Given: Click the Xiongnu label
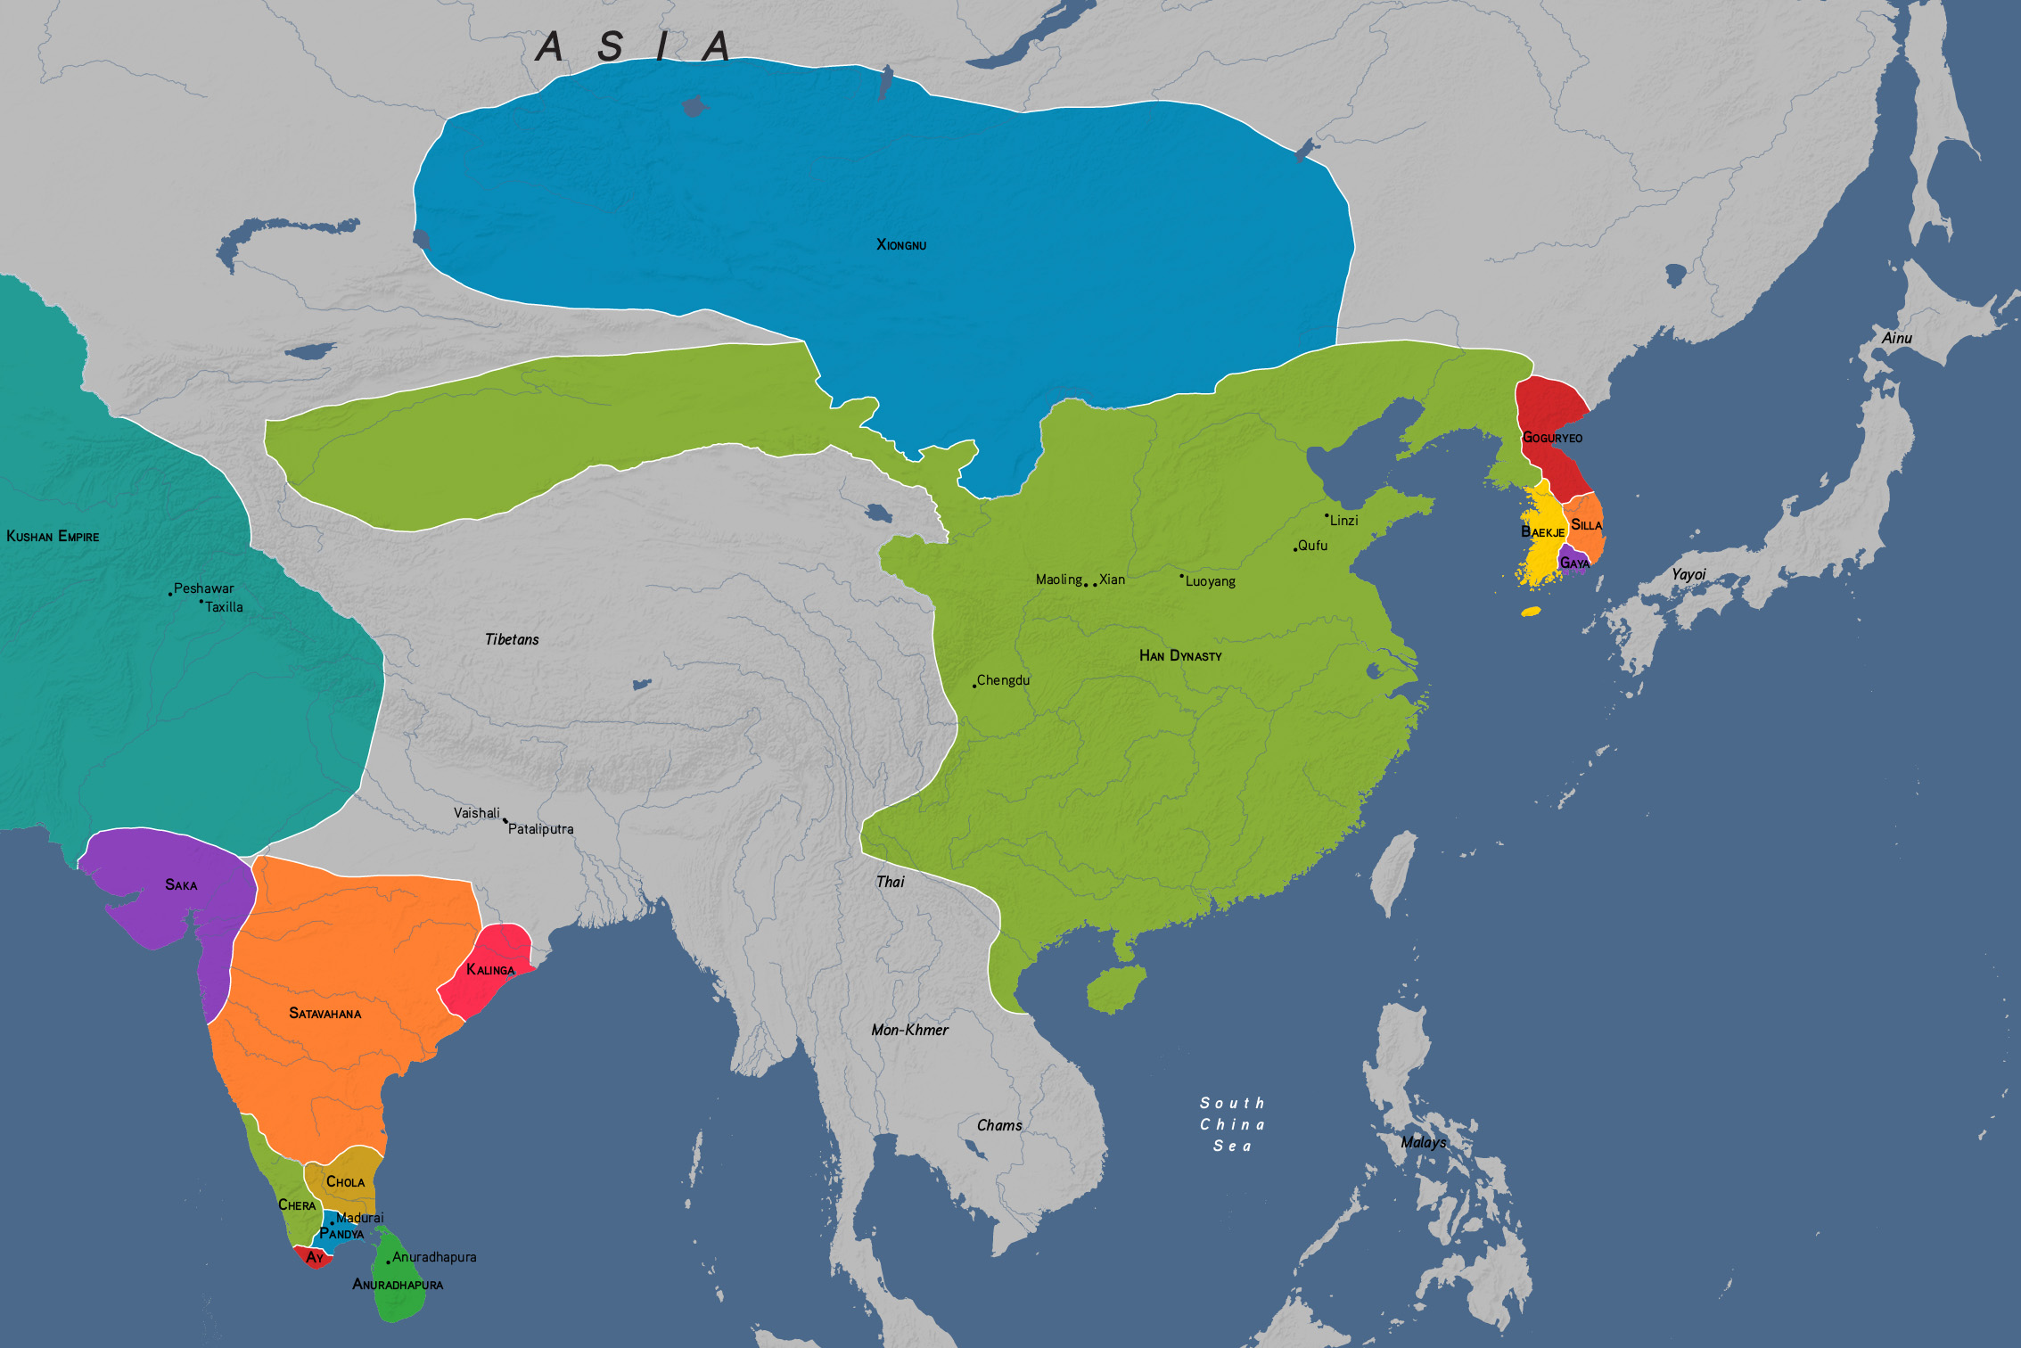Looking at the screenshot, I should (901, 244).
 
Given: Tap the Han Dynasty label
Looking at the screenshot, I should (1180, 655).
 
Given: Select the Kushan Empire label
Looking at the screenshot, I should (53, 536).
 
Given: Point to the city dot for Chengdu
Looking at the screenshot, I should (974, 686).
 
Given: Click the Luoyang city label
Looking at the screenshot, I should (1210, 581).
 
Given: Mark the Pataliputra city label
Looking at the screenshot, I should (540, 829).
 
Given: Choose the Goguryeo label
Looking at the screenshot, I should (1552, 437).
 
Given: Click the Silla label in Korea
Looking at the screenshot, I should (1586, 525).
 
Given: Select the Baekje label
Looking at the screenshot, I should (1542, 531).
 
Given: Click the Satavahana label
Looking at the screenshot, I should (325, 1013).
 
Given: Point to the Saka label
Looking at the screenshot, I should (181, 884).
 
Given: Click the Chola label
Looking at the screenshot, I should (345, 1181).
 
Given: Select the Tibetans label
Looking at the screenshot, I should (512, 639).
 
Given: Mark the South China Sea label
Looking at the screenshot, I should (1232, 1124).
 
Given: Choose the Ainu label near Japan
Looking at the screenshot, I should (1896, 338).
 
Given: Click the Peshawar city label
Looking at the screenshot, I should (203, 588).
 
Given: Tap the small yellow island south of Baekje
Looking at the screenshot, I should (1531, 612).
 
